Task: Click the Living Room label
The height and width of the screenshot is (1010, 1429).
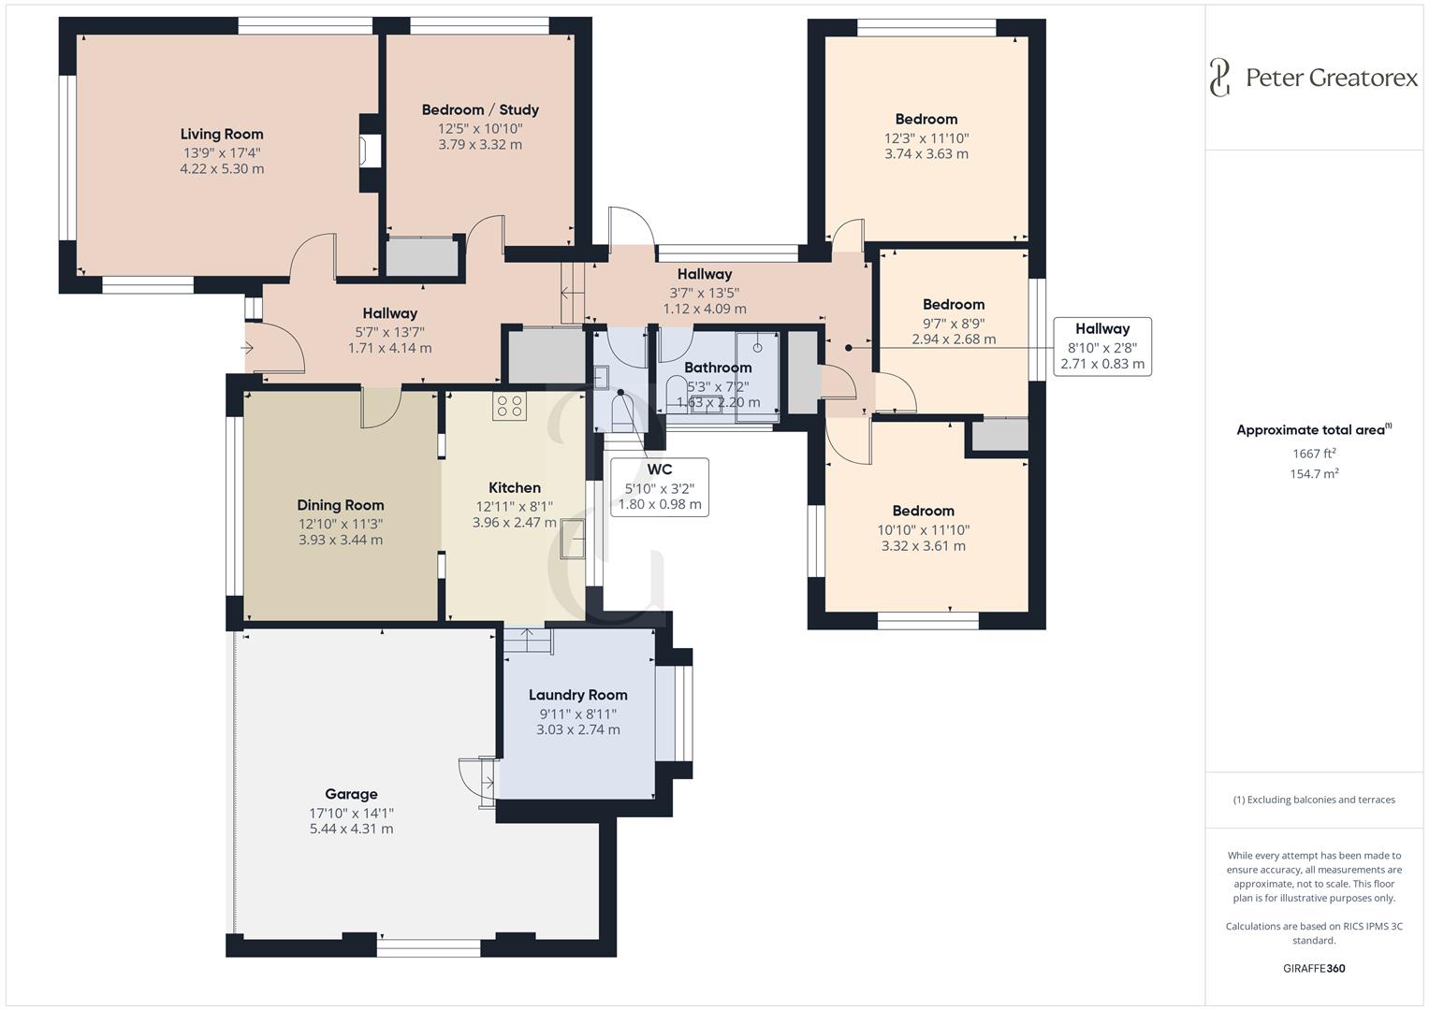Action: [222, 134]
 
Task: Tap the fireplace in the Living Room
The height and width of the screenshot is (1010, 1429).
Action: [372, 151]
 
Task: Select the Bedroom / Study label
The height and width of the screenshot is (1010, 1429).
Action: [480, 109]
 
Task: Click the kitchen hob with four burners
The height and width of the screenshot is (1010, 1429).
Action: [510, 406]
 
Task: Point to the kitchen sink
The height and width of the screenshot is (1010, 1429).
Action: [572, 540]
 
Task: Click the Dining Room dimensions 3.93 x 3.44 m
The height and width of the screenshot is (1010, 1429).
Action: [341, 540]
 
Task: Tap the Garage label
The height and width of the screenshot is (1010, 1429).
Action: [351, 794]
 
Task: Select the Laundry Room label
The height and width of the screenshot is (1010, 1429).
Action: [577, 695]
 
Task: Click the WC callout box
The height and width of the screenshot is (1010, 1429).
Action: [659, 486]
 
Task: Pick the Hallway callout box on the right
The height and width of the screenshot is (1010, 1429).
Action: [1101, 346]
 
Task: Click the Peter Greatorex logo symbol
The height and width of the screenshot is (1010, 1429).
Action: [1219, 78]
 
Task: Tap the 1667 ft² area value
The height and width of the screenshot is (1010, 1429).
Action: [1314, 454]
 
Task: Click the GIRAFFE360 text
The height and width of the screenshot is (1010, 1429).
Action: [1314, 968]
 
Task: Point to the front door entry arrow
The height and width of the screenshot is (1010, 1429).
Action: [249, 348]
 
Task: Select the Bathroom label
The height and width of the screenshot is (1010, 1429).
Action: [718, 368]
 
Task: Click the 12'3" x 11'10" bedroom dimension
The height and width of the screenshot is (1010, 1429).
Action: [926, 137]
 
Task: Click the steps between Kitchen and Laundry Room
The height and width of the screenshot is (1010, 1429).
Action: [529, 641]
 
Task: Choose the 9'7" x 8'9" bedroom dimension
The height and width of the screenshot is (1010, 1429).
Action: [954, 323]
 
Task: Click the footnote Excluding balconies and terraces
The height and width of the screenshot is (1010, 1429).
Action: [1314, 800]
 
